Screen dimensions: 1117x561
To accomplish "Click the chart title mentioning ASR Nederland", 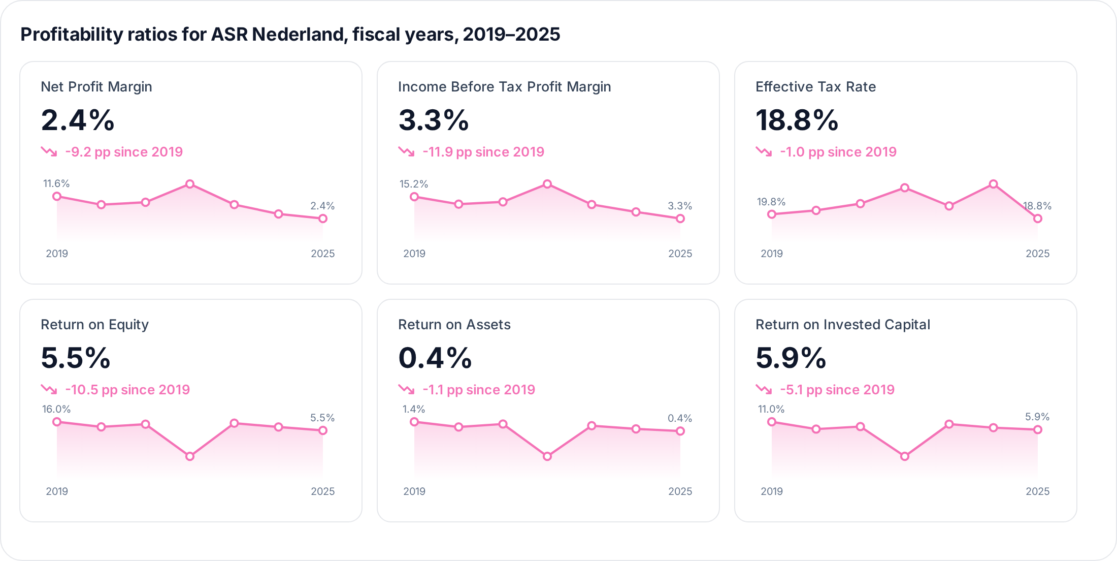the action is click(x=290, y=35).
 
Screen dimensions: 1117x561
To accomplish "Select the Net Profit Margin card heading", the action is click(x=96, y=87).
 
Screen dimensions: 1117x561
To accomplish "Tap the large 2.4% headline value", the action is click(x=78, y=120).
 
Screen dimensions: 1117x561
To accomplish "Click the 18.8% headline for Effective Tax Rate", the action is click(x=797, y=120).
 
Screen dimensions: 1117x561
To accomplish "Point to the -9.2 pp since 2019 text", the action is click(x=124, y=152).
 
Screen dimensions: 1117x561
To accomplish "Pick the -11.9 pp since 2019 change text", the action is click(x=483, y=152).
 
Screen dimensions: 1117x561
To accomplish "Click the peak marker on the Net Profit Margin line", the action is click(x=190, y=184).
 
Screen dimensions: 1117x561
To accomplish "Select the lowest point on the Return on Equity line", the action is click(x=190, y=456).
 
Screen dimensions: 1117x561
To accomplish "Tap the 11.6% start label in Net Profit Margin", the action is click(x=56, y=183).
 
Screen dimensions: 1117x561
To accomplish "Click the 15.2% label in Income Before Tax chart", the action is click(x=414, y=184).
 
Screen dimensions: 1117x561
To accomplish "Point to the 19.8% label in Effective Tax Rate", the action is click(x=771, y=202).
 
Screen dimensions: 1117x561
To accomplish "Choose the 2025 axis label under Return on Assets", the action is click(x=680, y=491).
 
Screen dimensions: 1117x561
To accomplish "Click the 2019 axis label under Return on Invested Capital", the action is click(x=772, y=491).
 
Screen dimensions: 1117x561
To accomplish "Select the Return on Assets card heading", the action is click(x=454, y=325).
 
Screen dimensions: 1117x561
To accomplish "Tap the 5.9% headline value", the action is click(x=791, y=358).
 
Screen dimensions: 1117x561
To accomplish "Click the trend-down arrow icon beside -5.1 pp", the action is click(x=764, y=389).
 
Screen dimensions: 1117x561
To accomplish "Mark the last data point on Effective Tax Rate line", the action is click(x=1038, y=219).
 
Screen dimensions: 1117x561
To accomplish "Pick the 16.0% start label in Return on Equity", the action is click(x=56, y=409).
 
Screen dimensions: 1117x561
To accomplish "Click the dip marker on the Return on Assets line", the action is click(x=547, y=456).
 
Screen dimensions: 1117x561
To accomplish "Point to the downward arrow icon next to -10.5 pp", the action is click(x=49, y=389).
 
